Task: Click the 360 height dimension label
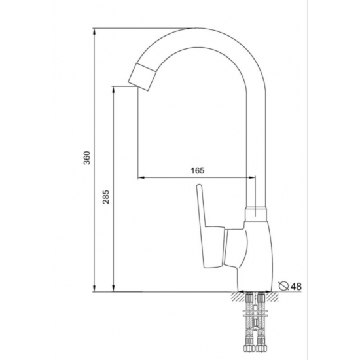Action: tap(87, 158)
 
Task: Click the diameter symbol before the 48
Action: tap(283, 285)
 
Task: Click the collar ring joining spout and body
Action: tap(257, 213)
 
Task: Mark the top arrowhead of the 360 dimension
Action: tap(96, 31)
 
